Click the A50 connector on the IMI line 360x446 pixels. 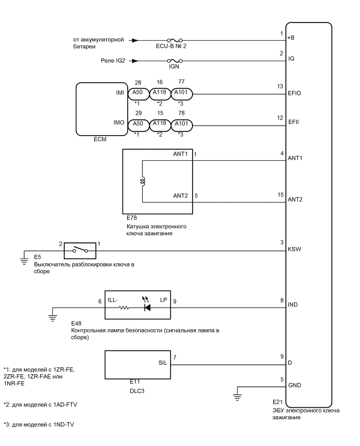[x=139, y=94]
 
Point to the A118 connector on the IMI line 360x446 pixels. [x=160, y=94]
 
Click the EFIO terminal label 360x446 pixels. [x=294, y=94]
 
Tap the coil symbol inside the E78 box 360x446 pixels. [x=143, y=181]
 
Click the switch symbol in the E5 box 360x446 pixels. [x=79, y=250]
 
